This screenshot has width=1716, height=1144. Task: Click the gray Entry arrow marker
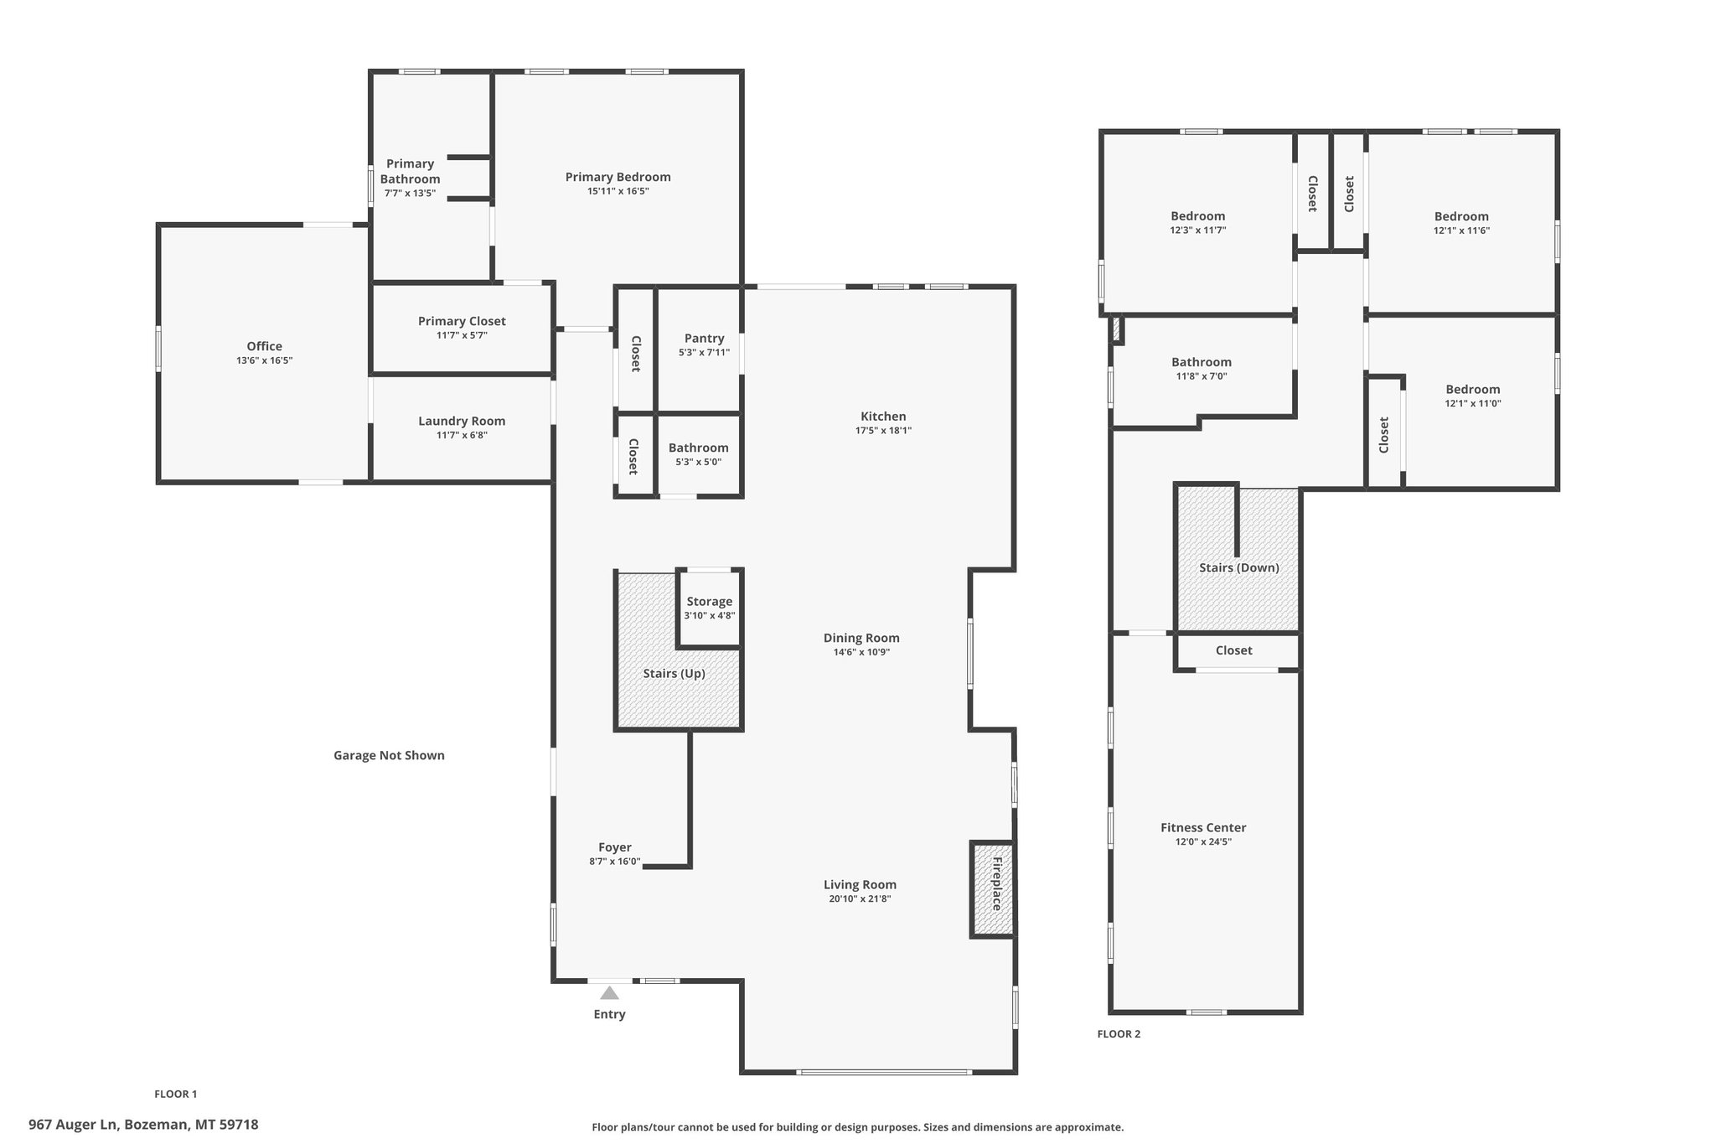(x=609, y=993)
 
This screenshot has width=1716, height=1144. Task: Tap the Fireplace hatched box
(x=993, y=888)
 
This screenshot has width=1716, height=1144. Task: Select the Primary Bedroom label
(x=618, y=177)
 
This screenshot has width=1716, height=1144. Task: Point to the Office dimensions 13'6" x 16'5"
(x=265, y=360)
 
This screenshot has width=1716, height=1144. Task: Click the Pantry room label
(x=704, y=339)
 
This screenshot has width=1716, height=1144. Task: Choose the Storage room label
(x=710, y=601)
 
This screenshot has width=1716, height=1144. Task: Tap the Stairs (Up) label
(x=675, y=673)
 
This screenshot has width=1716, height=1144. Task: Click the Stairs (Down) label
(x=1239, y=567)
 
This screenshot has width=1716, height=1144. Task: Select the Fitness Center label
(x=1203, y=827)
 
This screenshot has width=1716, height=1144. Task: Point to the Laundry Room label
(x=462, y=421)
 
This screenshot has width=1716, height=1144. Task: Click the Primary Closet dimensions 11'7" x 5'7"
(x=462, y=335)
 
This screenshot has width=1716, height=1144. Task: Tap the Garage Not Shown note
(x=389, y=755)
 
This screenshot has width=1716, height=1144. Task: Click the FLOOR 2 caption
(x=1119, y=1033)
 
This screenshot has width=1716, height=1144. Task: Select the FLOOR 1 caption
(x=176, y=1094)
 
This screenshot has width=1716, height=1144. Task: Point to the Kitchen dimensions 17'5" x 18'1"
(x=883, y=431)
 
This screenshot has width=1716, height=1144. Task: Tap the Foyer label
(x=615, y=847)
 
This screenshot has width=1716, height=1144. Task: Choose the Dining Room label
(x=861, y=638)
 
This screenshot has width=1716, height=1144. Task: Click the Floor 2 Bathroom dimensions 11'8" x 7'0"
(x=1202, y=376)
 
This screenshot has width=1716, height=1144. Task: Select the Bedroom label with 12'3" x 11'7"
(x=1198, y=216)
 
